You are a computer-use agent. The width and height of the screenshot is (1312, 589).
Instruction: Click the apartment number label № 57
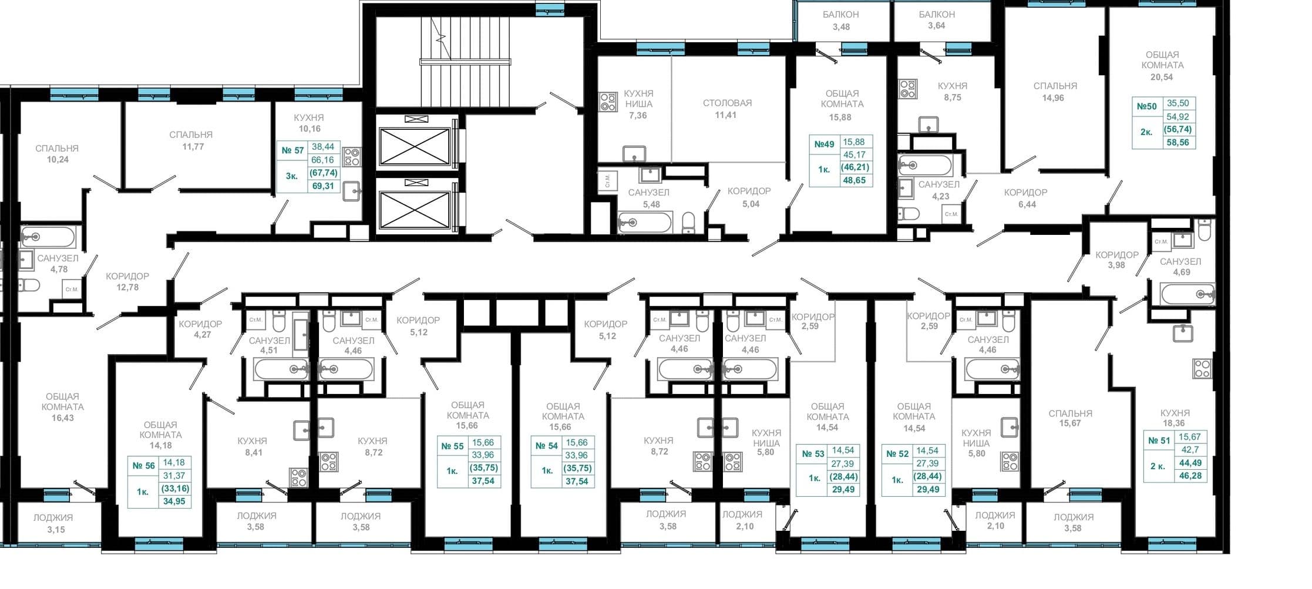click(292, 150)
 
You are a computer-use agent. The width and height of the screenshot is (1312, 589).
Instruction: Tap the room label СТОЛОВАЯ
click(727, 103)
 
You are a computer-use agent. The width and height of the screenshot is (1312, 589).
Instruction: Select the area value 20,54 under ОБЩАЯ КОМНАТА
click(1162, 77)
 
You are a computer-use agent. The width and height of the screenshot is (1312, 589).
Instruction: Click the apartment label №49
click(824, 144)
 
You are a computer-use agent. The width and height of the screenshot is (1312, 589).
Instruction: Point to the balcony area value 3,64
click(937, 26)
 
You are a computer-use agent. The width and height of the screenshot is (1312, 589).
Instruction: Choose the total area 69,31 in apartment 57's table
click(322, 186)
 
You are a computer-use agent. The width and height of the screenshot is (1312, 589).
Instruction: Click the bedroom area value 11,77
click(193, 147)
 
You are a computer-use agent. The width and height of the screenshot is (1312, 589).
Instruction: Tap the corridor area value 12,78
click(127, 288)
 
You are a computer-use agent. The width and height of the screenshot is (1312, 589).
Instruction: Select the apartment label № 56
click(143, 466)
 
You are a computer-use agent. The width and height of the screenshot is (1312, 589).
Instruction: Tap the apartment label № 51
click(1159, 440)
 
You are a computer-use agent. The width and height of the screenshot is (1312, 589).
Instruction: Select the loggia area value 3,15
click(56, 530)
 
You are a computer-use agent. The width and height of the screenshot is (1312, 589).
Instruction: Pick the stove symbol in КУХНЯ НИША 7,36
click(608, 102)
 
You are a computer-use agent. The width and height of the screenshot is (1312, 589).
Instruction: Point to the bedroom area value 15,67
click(1070, 423)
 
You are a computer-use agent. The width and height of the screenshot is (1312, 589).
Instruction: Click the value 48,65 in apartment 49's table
click(855, 180)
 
